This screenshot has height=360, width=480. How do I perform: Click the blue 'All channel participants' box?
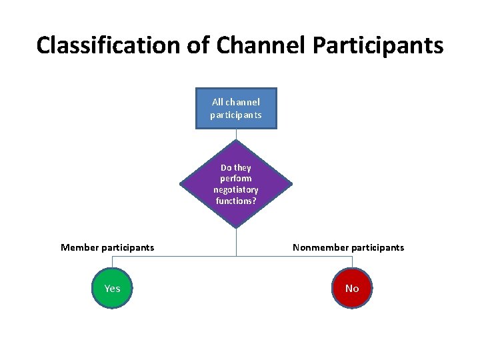coord(236,108)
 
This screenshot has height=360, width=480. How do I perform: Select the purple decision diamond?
coord(236,183)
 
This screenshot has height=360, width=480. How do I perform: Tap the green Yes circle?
coord(112,288)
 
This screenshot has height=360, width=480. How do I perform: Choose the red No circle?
coord(352,288)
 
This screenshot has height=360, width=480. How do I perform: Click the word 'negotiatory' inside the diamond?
coord(236,189)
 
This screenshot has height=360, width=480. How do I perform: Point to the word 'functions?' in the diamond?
coord(236,200)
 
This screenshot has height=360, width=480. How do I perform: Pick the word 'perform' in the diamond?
coord(236,179)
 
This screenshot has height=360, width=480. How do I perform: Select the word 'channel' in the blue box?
coord(243,103)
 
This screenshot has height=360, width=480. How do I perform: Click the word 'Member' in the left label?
coord(79,247)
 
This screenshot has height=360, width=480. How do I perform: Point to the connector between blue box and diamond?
coord(236,134)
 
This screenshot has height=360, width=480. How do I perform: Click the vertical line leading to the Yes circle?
coord(112,263)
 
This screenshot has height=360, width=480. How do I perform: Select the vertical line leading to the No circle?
coord(352,263)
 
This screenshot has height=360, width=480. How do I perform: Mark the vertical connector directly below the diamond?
coord(236,241)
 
